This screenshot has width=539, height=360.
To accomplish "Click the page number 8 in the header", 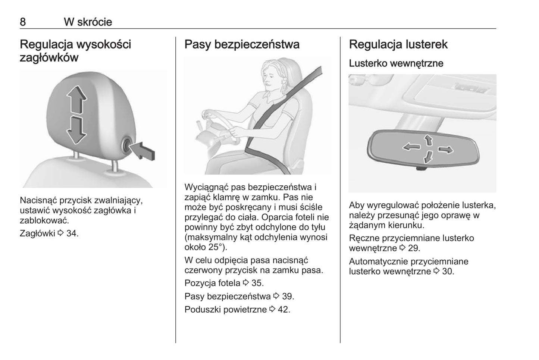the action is pos(23,22).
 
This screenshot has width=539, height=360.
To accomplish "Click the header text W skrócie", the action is pos(88,22).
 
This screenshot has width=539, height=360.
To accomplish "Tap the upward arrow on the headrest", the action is pos(77,99).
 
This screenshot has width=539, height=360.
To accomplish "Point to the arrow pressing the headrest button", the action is pos(143,151).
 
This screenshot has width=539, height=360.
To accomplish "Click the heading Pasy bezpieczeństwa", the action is pos(242,44).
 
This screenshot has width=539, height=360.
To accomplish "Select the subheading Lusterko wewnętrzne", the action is pos(396,63).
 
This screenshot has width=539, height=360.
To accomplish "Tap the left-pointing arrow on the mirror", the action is pos(412,146).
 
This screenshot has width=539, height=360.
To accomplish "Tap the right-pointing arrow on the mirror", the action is pos(446,150).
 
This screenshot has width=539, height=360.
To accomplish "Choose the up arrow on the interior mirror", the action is pos(428,140).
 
